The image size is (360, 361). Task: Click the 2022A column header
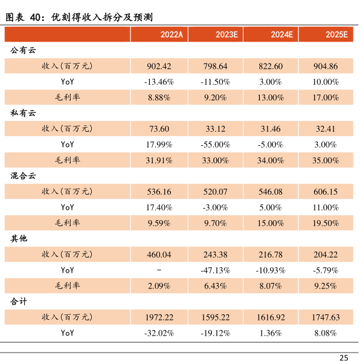coord(172,34)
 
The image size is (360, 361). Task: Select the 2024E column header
coord(282,34)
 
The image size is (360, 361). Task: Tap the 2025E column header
coord(337,34)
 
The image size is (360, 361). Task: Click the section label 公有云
coord(23,50)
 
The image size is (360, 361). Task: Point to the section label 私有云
coord(23,113)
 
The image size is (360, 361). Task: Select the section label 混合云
coord(23,176)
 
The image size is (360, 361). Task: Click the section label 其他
coord(19,238)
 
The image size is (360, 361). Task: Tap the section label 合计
coord(19,301)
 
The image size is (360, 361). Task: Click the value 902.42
coord(159,67)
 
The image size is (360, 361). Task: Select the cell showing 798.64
coord(215,67)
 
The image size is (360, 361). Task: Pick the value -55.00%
coord(215,145)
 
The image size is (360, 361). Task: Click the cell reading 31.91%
coord(159,160)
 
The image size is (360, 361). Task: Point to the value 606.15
coord(326,192)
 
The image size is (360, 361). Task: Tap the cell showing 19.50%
coord(326,223)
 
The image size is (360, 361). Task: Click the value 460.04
coord(159,255)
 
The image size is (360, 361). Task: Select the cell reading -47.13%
coord(215,270)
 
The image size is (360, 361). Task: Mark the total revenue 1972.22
coord(159,317)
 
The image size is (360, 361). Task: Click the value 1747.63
coord(326,317)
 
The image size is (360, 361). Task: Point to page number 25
coord(344,357)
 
